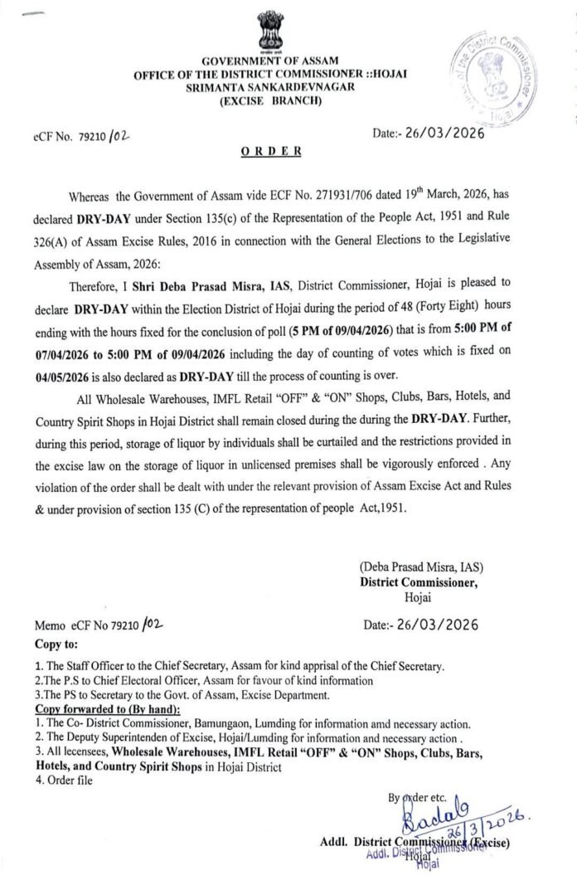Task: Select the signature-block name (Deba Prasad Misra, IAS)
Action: pos(420,567)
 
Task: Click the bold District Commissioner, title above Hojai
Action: pos(419,582)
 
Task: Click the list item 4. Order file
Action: pos(65,780)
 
